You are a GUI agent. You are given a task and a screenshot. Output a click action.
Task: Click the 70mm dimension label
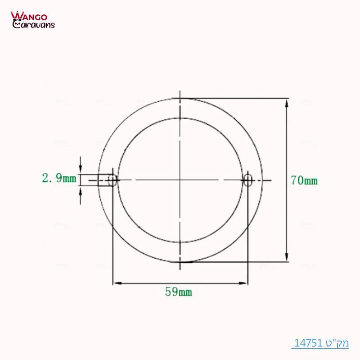pos(304,181)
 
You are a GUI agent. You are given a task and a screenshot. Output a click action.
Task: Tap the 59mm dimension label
pos(179,292)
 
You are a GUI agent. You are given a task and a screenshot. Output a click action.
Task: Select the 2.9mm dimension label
pos(59,179)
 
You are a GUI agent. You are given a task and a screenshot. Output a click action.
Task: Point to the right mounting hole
pos(247,180)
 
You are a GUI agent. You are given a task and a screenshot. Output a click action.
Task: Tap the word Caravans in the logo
pos(34,25)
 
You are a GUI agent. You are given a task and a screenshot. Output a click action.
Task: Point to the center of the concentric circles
pos(180,180)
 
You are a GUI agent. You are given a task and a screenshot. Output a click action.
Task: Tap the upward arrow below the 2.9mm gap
pos(81,190)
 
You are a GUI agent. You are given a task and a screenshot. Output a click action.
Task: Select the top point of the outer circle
pos(180,98)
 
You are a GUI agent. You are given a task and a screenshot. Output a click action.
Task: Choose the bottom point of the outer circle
pos(180,261)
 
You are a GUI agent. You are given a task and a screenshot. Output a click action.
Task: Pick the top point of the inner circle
pos(180,119)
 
